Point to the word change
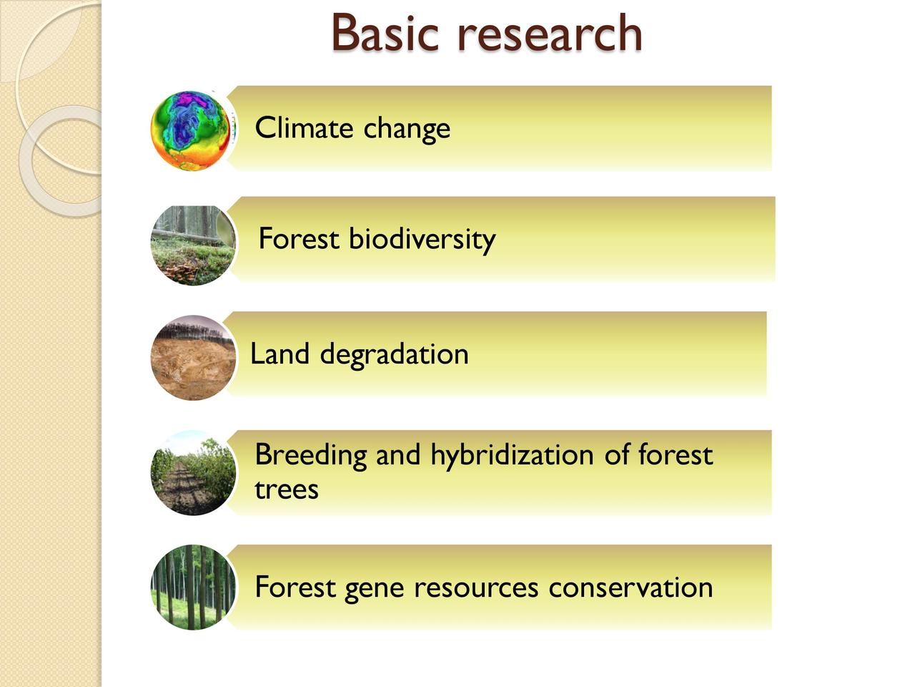(x=407, y=129)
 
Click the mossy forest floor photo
(x=193, y=245)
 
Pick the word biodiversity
(x=422, y=240)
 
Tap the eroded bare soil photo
(x=193, y=358)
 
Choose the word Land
(x=280, y=354)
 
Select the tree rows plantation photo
(x=193, y=472)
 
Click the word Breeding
(x=310, y=456)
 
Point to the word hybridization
(x=512, y=456)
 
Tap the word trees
(x=287, y=489)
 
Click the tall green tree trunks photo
(x=193, y=588)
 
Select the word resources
(x=476, y=588)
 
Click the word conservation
(x=630, y=588)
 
